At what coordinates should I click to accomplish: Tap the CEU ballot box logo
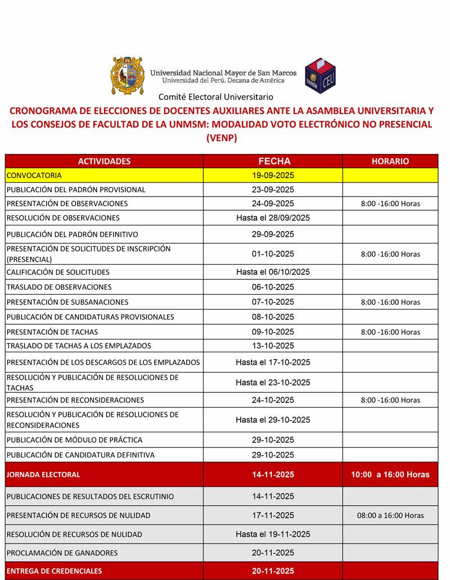click(x=320, y=76)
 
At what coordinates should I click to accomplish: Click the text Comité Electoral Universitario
click(x=215, y=97)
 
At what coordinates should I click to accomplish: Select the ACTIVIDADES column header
click(x=104, y=161)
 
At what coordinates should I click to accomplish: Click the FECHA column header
click(x=273, y=161)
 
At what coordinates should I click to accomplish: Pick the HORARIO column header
click(x=390, y=161)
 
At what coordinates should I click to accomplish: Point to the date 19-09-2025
click(x=273, y=175)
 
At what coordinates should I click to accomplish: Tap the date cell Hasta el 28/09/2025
click(x=273, y=217)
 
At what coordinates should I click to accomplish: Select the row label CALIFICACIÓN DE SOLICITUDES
click(x=58, y=272)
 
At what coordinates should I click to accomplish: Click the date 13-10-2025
click(x=273, y=346)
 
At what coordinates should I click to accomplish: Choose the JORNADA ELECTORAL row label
click(x=43, y=474)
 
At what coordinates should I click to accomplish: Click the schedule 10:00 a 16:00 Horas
click(x=390, y=474)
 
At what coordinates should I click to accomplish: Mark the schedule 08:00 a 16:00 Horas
click(x=390, y=515)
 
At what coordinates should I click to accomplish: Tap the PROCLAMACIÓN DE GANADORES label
click(x=62, y=552)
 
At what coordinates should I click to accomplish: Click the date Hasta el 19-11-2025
click(x=273, y=534)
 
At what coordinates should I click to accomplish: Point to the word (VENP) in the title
click(x=222, y=138)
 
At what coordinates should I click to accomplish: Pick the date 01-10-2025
click(x=273, y=254)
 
